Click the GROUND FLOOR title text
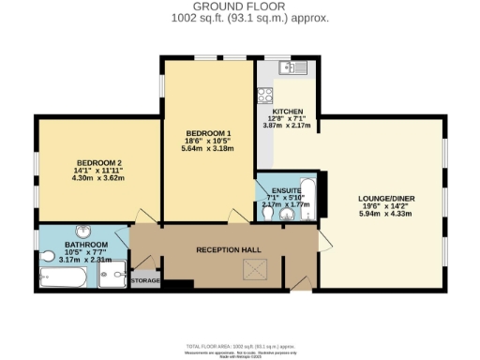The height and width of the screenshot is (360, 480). pyautogui.click(x=240, y=7)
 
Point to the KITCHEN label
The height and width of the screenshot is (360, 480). pyautogui.click(x=288, y=111)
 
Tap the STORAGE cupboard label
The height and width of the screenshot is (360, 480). pyautogui.click(x=145, y=280)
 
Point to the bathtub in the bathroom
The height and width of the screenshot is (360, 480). pyautogui.click(x=62, y=277)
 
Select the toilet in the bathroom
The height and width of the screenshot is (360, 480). pyautogui.click(x=47, y=255)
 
